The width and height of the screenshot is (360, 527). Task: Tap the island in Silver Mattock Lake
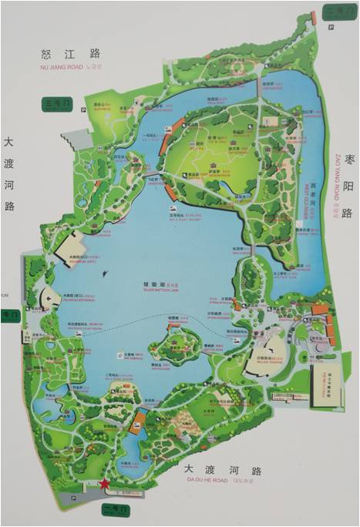tap(179, 337)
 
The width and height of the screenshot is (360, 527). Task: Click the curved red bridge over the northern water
tap(163, 143)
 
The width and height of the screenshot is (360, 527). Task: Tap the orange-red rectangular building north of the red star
tap(140, 420)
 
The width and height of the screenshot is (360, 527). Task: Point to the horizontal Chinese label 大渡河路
tap(218, 469)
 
